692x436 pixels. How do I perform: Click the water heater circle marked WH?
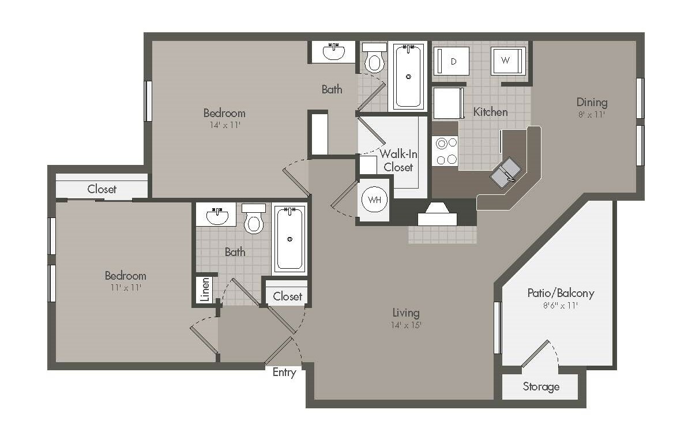[x=374, y=200]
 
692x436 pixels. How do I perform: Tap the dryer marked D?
[x=452, y=61]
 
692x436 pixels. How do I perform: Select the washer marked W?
[x=508, y=61]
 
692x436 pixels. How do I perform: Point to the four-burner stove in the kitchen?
[x=445, y=151]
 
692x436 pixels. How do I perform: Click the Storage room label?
[x=541, y=387]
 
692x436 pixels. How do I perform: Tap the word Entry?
[x=284, y=373]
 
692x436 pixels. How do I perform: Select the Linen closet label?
[x=205, y=289]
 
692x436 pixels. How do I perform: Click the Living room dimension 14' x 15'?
[x=406, y=325]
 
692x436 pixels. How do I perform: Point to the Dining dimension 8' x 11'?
[x=591, y=115]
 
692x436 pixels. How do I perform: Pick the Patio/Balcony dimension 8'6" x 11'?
[x=561, y=306]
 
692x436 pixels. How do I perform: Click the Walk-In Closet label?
[x=398, y=160]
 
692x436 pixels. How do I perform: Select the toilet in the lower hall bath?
[x=254, y=219]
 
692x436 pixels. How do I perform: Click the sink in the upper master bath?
[x=334, y=51]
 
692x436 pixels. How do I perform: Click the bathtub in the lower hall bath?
[x=289, y=239]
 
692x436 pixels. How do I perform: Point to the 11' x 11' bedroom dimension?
[x=126, y=288]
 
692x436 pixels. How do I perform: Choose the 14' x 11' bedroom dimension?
[x=224, y=125]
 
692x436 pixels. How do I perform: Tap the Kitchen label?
[x=490, y=112]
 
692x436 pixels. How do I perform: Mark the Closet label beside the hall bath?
[x=287, y=296]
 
